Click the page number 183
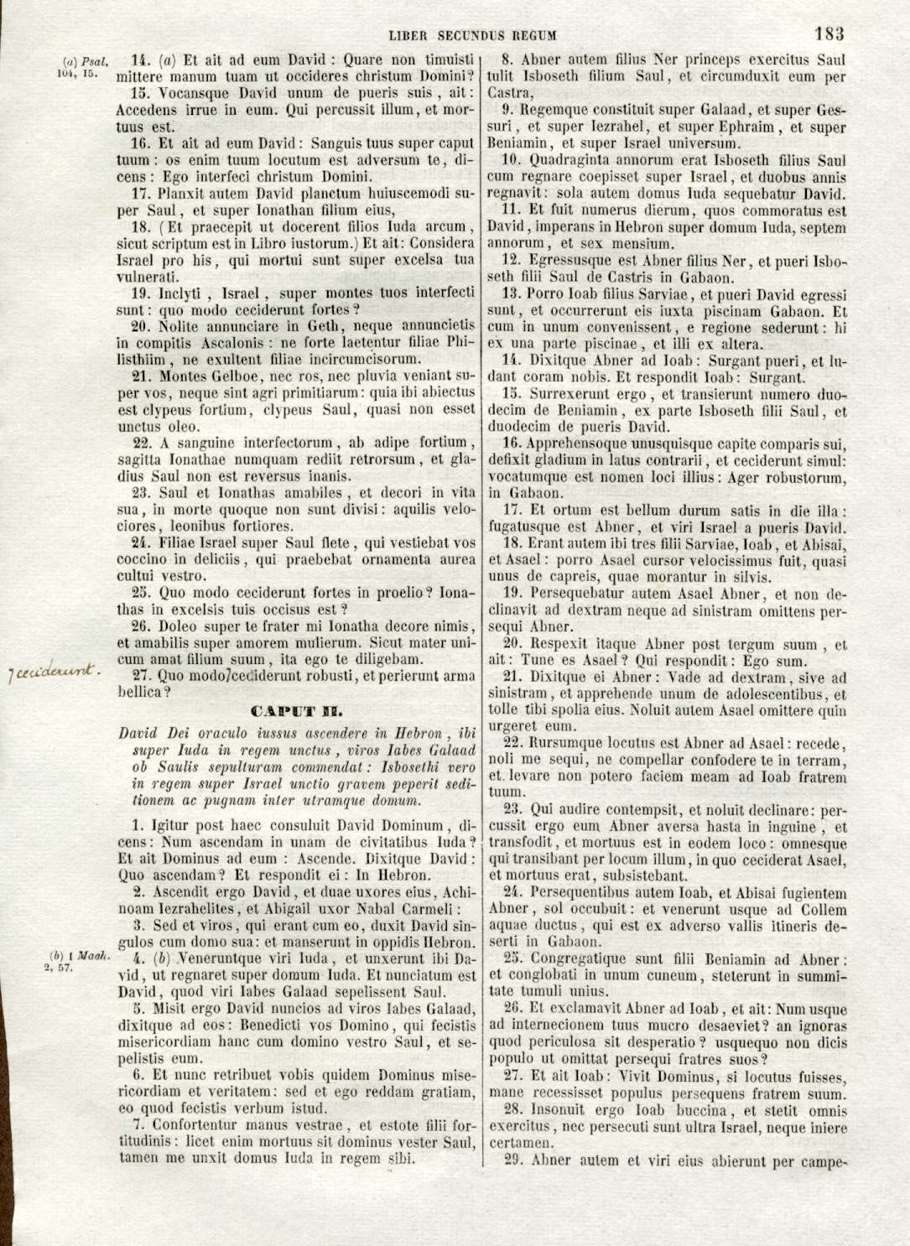828,34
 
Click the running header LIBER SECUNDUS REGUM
473,35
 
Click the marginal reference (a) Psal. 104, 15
80,66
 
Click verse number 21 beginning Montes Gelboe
143,376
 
